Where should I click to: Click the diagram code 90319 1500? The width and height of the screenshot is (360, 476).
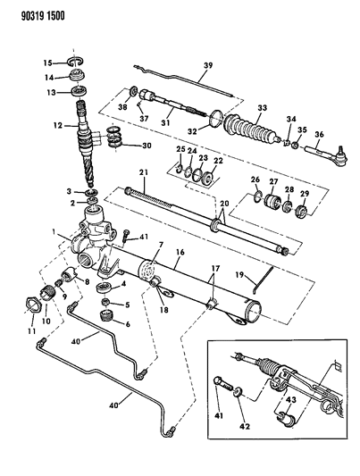point(43,15)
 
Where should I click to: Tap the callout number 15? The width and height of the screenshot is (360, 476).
point(47,63)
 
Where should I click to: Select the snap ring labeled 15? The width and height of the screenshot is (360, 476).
point(76,62)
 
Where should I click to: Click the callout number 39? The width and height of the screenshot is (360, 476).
point(208,66)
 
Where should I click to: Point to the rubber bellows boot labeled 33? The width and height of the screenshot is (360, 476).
point(252,128)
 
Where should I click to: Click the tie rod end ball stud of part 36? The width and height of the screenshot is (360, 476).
point(341,152)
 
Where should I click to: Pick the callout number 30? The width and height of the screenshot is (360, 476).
point(147,146)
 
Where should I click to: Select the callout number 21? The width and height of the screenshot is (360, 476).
point(144,172)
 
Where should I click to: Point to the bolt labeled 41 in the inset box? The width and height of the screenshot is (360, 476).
point(223,385)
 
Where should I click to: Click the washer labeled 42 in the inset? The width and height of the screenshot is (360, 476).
point(238,392)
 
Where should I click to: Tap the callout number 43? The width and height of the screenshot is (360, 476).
point(290,401)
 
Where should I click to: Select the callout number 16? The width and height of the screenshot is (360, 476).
point(180,252)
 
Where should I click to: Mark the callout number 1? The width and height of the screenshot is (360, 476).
point(54,232)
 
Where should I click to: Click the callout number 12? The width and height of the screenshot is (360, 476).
point(58,125)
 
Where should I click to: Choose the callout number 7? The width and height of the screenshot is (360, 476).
point(161,245)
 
